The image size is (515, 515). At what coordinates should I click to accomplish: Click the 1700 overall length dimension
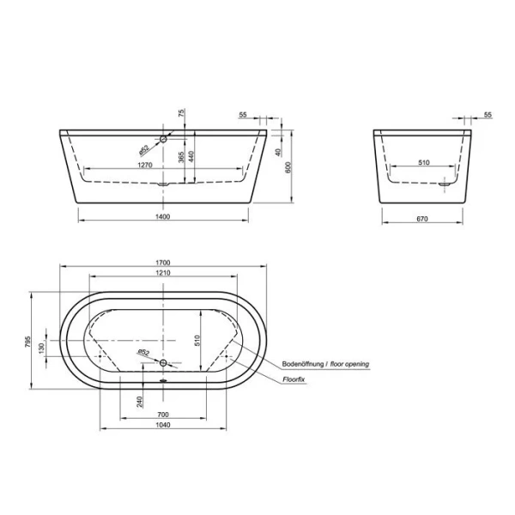[163, 262]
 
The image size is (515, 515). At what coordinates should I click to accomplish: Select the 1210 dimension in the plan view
[163, 274]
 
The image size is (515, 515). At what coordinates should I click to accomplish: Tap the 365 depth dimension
[181, 161]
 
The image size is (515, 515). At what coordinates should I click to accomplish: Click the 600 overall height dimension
[288, 168]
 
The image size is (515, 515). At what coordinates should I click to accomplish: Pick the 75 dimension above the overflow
[181, 112]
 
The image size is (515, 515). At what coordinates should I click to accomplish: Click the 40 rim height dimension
[278, 153]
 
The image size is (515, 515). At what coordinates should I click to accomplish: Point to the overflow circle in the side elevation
[163, 137]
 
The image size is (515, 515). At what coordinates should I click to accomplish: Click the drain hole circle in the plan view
[163, 363]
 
